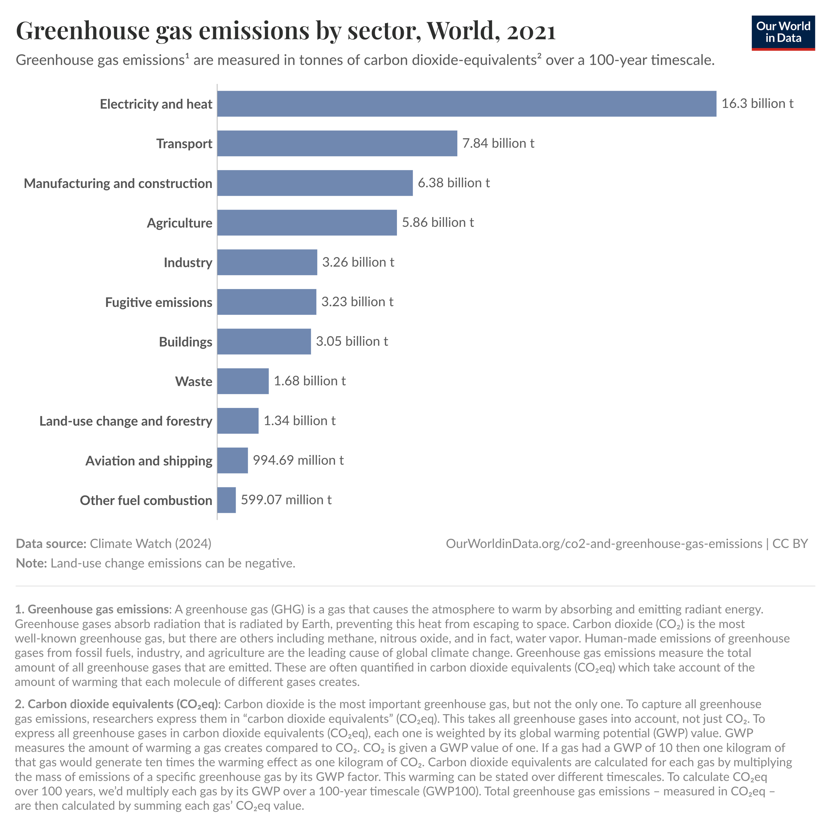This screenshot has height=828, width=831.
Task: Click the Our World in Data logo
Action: pyautogui.click(x=783, y=33)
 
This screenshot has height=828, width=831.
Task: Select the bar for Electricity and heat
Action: pyautogui.click(x=466, y=104)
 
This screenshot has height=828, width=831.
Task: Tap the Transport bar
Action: pyautogui.click(x=337, y=143)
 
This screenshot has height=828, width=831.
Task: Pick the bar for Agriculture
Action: pyautogui.click(x=307, y=223)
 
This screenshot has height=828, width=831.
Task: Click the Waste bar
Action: pyautogui.click(x=243, y=381)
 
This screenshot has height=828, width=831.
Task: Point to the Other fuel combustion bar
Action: pyautogui.click(x=226, y=500)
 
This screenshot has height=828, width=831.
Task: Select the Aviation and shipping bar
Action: pyautogui.click(x=232, y=460)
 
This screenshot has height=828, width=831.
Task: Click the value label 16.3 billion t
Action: pyautogui.click(x=757, y=104)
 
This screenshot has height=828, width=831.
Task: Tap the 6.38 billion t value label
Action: pyautogui.click(x=453, y=183)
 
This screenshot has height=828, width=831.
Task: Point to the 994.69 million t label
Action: pyautogui.click(x=298, y=460)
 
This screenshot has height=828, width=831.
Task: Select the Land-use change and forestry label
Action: pyautogui.click(x=126, y=421)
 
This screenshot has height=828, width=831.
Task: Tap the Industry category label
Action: pyautogui.click(x=188, y=262)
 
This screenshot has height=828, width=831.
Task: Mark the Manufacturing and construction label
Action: pyautogui.click(x=118, y=183)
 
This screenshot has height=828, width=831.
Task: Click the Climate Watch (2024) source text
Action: pyautogui.click(x=151, y=544)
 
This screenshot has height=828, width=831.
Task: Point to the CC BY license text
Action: pyautogui.click(x=790, y=544)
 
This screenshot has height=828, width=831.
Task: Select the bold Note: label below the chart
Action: pyautogui.click(x=31, y=563)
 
